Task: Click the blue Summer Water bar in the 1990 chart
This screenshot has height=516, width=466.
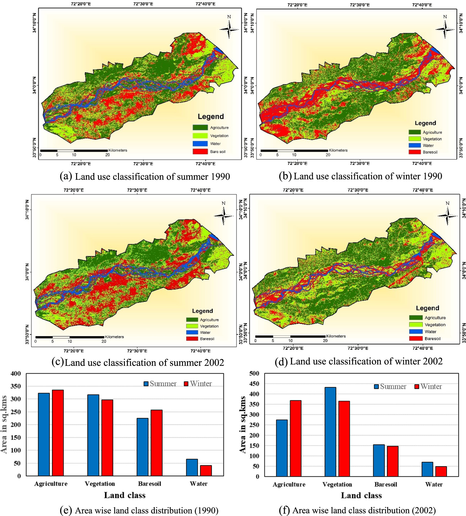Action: pyautogui.click(x=192, y=467)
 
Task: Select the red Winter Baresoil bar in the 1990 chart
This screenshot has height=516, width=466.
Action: pyautogui.click(x=157, y=443)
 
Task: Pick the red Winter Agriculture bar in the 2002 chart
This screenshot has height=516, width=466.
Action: pyautogui.click(x=296, y=438)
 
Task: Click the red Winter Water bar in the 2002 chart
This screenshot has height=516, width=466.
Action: pyautogui.click(x=441, y=471)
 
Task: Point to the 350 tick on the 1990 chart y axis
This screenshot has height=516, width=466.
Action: pyautogui.click(x=16, y=386)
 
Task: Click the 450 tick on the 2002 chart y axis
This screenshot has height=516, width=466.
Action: pyautogui.click(x=254, y=384)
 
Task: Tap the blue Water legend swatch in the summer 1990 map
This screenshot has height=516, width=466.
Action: pyautogui.click(x=200, y=144)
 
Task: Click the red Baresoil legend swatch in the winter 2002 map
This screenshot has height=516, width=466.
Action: pyautogui.click(x=416, y=338)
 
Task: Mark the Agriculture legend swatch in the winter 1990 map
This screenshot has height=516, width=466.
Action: pyautogui.click(x=415, y=132)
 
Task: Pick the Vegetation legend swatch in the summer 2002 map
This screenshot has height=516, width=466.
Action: pyautogui.click(x=192, y=326)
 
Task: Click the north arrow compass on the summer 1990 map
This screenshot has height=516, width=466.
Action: pyautogui.click(x=229, y=29)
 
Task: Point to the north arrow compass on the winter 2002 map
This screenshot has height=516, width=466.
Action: pyautogui.click(x=447, y=216)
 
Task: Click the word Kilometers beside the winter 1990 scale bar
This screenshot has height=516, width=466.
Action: pyautogui.click(x=338, y=150)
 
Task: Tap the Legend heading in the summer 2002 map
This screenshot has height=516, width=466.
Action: pyautogui.click(x=202, y=311)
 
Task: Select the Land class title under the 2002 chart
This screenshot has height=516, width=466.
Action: pyautogui.click(x=361, y=495)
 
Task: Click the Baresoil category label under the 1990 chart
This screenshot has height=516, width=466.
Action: pyautogui.click(x=149, y=484)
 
